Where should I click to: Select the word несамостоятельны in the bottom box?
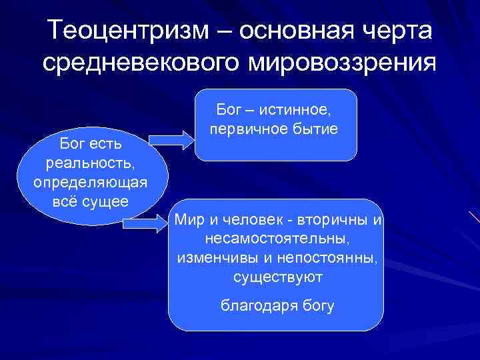click(x=274, y=238)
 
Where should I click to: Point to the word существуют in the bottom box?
click(x=275, y=275)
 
